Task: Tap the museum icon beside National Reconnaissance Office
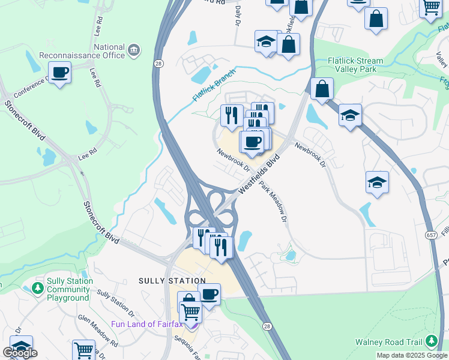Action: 134,48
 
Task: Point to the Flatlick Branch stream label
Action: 214,86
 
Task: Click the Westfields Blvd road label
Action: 259,173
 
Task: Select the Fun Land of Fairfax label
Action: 148,325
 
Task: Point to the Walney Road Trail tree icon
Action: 431,342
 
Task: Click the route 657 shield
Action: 432,233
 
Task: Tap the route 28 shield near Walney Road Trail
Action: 266,325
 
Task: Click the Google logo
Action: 20,353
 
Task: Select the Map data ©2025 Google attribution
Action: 412,355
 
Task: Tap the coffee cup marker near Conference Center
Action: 60,73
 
